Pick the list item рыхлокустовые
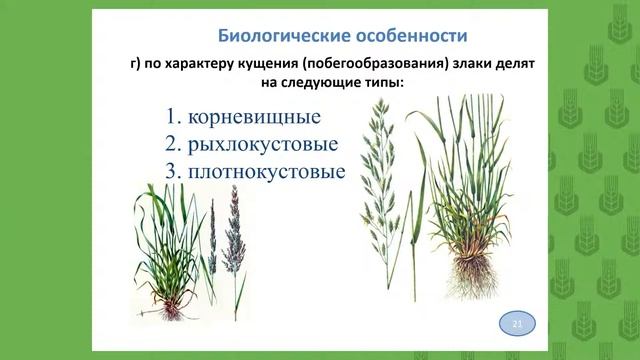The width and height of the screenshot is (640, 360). tap(262, 142)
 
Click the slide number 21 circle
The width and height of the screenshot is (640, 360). tap(517, 325)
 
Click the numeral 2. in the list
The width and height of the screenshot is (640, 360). tap(176, 142)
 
